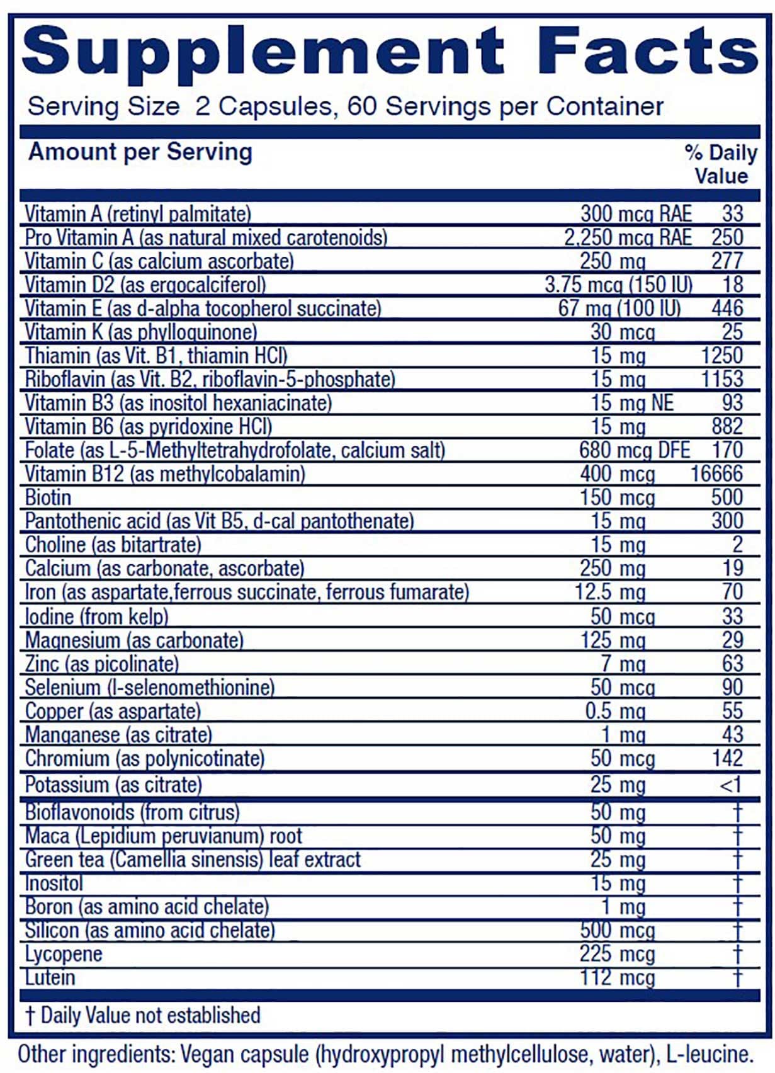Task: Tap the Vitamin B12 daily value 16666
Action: pos(716,474)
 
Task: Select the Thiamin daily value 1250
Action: pos(722,356)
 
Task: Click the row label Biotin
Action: pos(48,497)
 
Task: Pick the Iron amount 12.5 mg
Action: pos(610,592)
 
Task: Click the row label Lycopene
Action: pos(64,954)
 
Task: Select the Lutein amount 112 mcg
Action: pos(617,977)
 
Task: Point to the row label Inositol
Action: pos(54,883)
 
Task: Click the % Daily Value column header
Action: pos(721,164)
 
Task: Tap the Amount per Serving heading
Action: pos(140,152)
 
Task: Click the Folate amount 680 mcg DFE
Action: pos(634,450)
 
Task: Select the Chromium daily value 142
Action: pos(727,758)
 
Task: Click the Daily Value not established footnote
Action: pos(143,1015)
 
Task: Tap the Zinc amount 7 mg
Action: pos(623,663)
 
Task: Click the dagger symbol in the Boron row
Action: pos(737,907)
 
